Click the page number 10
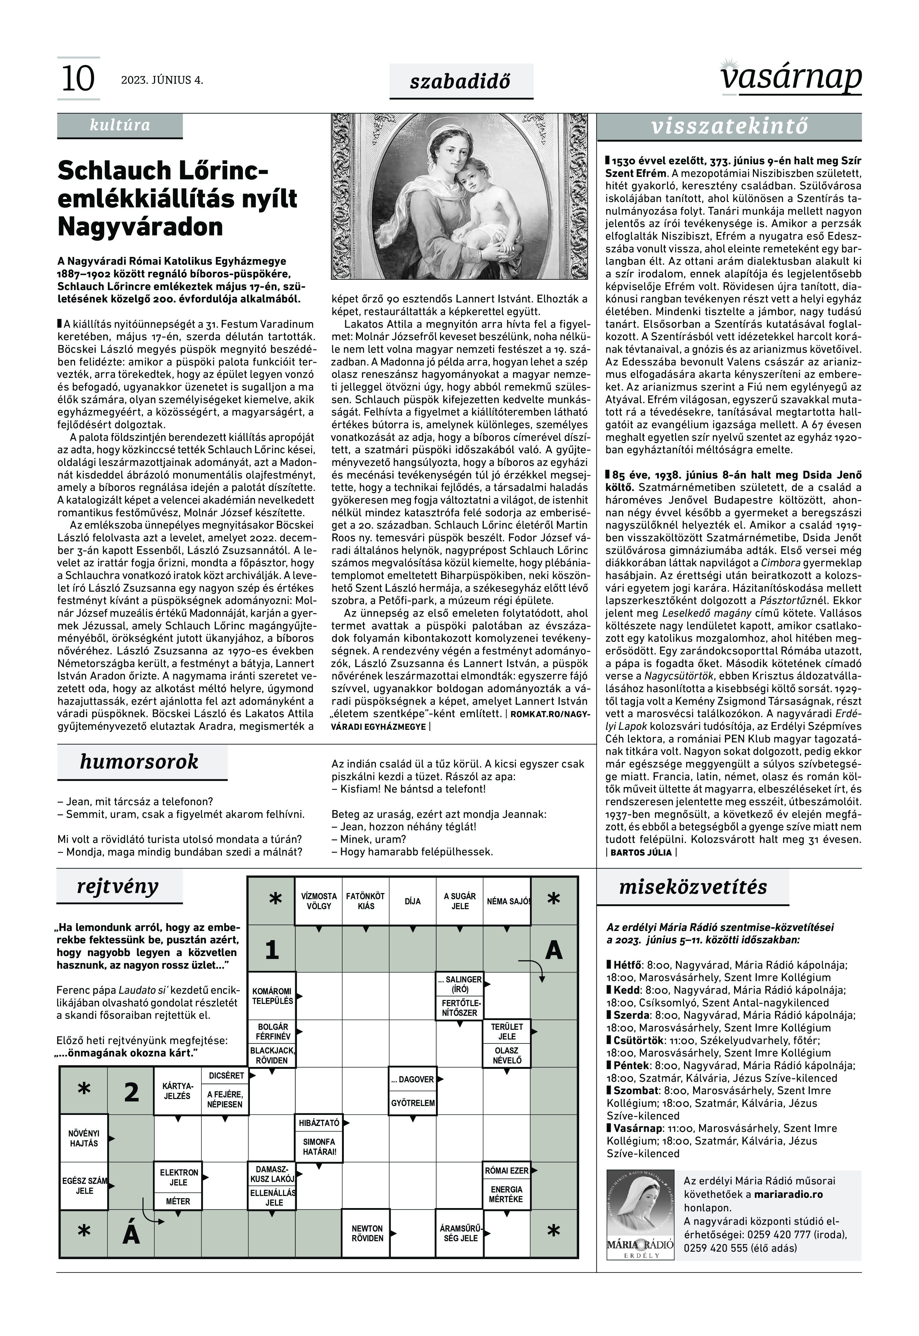[x=78, y=79]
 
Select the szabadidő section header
[x=461, y=81]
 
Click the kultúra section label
[x=120, y=125]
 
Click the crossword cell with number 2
[x=131, y=1092]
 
